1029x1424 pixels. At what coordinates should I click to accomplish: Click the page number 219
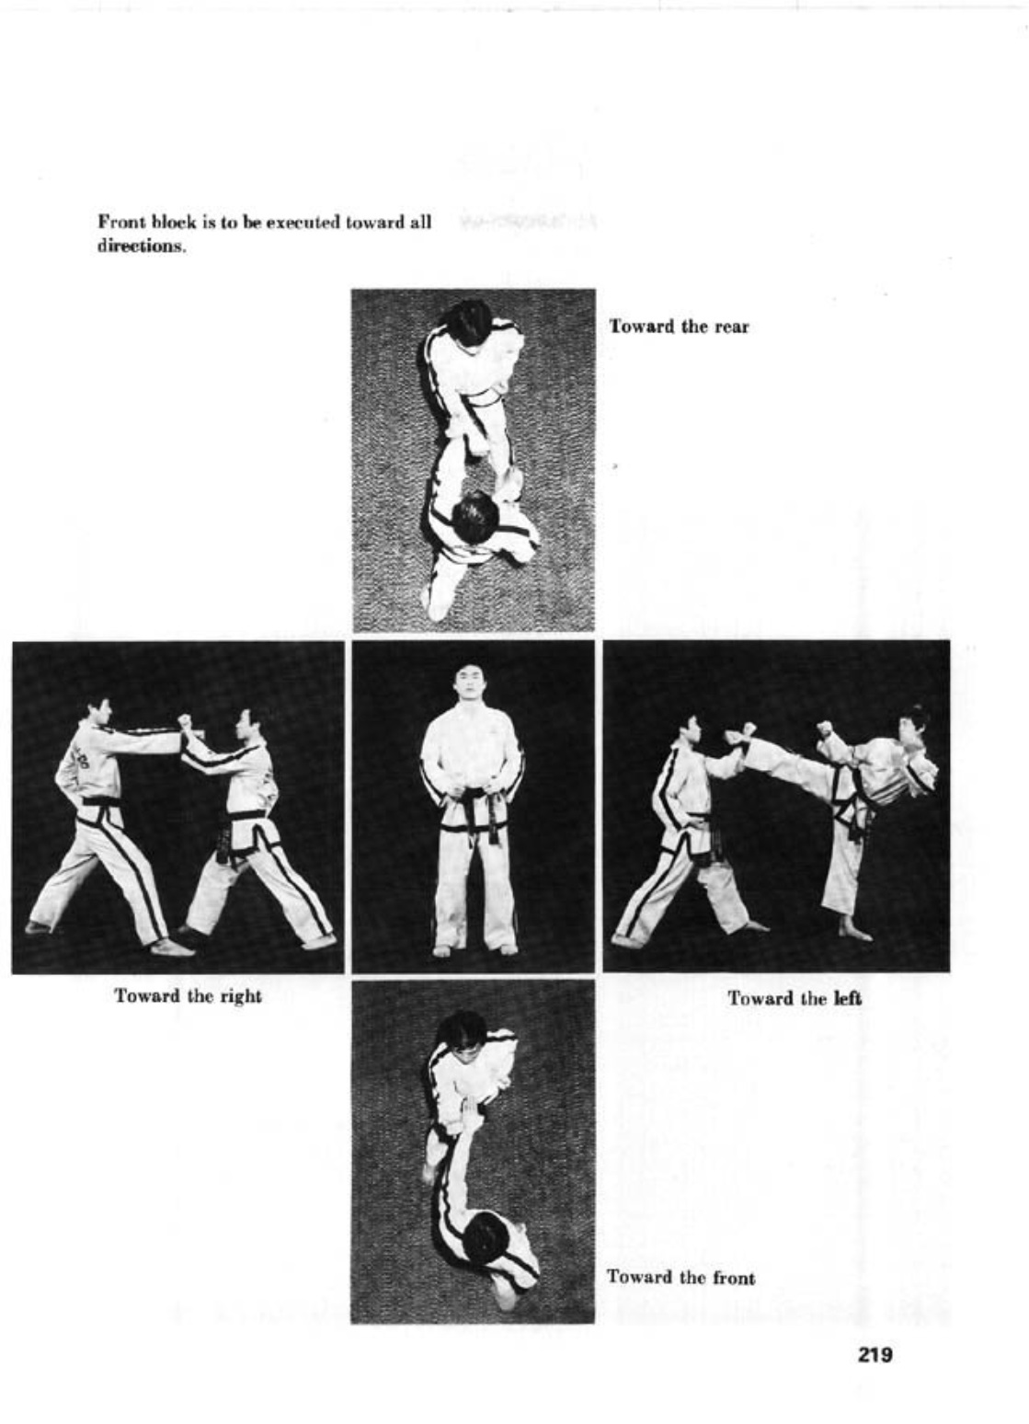[875, 1354]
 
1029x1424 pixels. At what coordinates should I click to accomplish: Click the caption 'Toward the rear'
[679, 327]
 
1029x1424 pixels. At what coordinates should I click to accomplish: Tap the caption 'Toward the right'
[188, 996]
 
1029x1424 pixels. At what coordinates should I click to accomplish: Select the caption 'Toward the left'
[795, 998]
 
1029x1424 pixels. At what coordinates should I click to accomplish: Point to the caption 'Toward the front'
[680, 1277]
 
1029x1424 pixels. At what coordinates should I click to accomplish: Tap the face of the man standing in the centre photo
[469, 683]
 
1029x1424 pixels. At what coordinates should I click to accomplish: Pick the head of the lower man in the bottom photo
[485, 1237]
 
